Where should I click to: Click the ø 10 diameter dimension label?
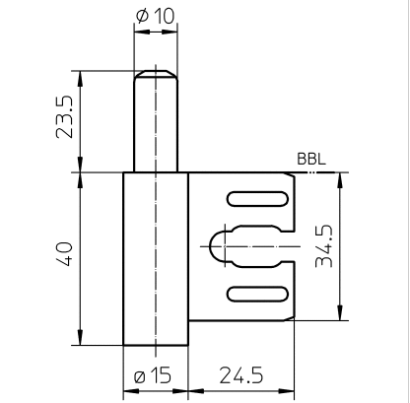[155, 16]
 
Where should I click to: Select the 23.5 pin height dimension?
[64, 117]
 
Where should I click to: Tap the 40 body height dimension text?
[64, 254]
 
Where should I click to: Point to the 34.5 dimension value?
[323, 245]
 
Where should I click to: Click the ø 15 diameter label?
[153, 375]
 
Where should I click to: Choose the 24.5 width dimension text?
[241, 375]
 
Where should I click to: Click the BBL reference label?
[311, 159]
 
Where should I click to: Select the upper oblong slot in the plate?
[257, 199]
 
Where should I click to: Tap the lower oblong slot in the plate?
[257, 294]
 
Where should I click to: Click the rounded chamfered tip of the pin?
[156, 75]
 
